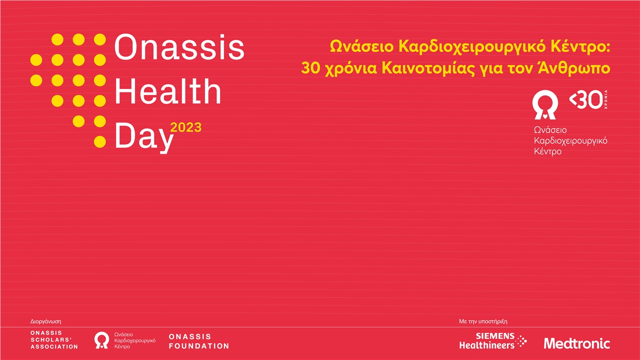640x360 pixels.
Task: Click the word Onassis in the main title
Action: click(179, 48)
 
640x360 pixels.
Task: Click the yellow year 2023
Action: click(186, 127)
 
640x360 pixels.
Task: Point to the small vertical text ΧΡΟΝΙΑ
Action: click(612, 100)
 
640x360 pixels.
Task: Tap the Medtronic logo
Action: click(576, 343)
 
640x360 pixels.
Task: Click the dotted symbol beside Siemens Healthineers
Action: click(521, 341)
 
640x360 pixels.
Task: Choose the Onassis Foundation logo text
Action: click(199, 341)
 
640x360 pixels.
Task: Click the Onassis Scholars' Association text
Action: click(54, 339)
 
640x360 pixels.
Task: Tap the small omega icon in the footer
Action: click(102, 340)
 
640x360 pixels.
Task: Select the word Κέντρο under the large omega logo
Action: click(548, 151)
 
